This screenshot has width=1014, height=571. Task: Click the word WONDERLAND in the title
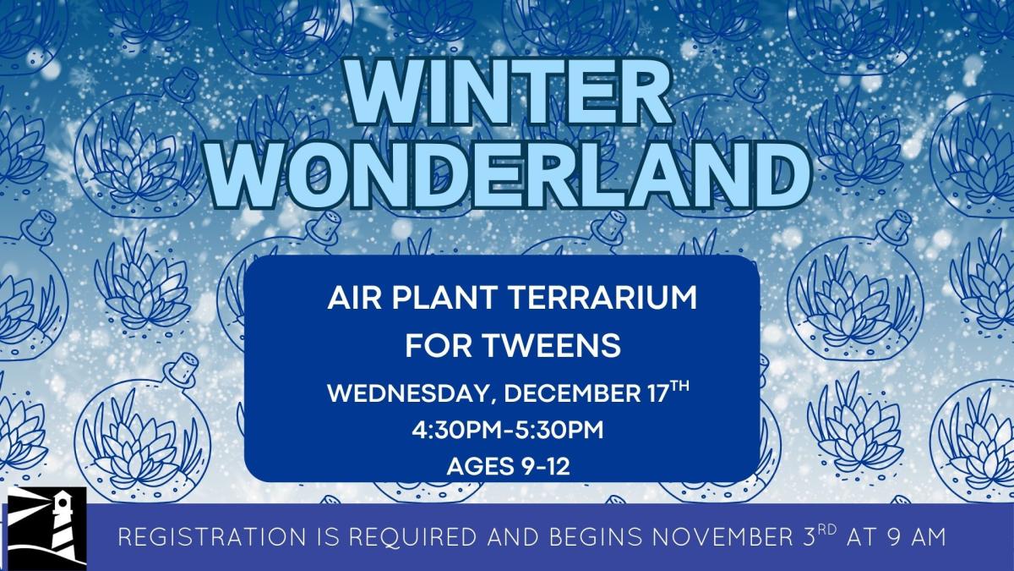(x=507, y=173)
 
